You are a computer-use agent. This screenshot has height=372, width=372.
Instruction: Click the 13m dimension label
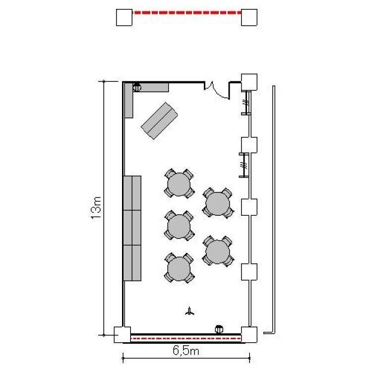[x=97, y=208]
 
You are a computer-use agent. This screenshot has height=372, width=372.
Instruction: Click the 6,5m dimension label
[x=186, y=350]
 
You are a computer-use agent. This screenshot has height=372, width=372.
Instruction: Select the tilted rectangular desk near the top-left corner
[x=159, y=121]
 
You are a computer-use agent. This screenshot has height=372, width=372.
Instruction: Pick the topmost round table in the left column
[x=179, y=184]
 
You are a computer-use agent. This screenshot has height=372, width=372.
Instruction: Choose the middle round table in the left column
[x=179, y=226]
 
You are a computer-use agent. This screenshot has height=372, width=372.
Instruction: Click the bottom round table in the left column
[x=179, y=268]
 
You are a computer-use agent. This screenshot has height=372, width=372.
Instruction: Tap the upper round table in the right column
[x=218, y=203]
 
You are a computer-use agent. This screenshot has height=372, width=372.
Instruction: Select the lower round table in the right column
[x=218, y=251]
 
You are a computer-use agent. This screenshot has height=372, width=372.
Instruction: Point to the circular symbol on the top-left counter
[x=137, y=87]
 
